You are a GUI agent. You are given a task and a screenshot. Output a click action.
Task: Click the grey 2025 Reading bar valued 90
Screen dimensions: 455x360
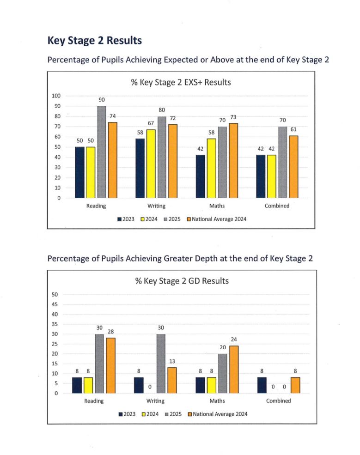click(101, 152)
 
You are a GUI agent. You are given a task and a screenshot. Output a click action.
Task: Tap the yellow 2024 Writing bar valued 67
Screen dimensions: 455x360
click(151, 164)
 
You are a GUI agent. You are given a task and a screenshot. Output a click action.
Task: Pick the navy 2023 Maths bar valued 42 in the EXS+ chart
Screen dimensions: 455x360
click(200, 176)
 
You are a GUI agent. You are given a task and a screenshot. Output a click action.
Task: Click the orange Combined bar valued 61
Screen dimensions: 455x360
click(293, 167)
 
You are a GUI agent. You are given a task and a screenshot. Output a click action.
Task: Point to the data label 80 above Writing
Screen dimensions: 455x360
click(161, 110)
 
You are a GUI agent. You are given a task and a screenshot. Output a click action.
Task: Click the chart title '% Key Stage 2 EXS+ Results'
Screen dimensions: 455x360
click(178, 83)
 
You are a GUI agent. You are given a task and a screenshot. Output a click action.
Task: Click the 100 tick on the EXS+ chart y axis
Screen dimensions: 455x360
click(56, 96)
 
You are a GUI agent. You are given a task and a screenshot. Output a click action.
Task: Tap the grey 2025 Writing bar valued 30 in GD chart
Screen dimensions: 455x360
click(161, 364)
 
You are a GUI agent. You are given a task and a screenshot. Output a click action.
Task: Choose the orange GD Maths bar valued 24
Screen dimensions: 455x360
click(234, 370)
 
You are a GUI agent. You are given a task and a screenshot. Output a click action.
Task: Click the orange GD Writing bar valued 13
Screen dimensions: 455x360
click(172, 380)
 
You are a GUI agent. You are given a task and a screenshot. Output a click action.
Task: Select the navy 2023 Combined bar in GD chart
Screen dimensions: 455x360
click(262, 385)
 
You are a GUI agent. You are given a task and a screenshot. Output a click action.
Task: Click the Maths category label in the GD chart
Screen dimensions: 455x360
click(217, 401)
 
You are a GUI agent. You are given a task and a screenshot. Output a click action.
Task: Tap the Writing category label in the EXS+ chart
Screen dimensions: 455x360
click(157, 206)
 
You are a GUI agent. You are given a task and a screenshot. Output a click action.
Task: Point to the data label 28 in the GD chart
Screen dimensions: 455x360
click(111, 332)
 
